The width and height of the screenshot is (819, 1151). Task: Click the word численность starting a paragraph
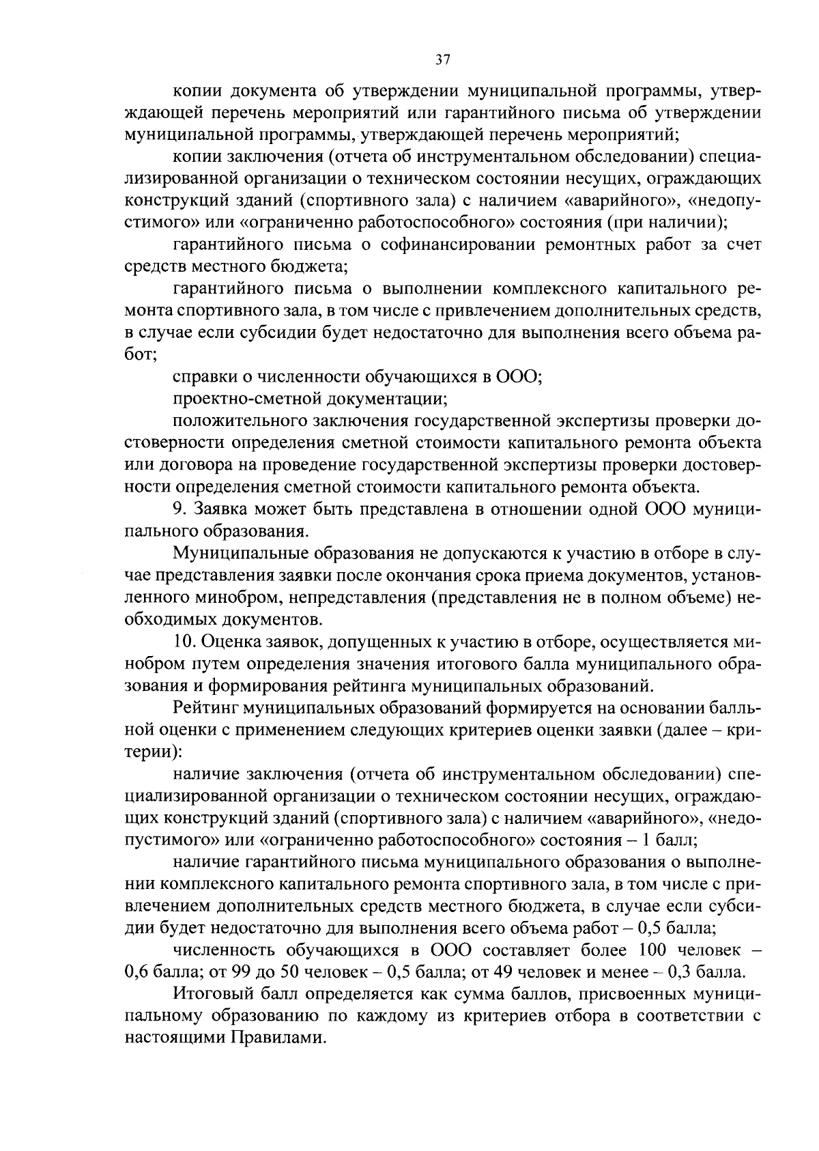coord(223,950)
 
